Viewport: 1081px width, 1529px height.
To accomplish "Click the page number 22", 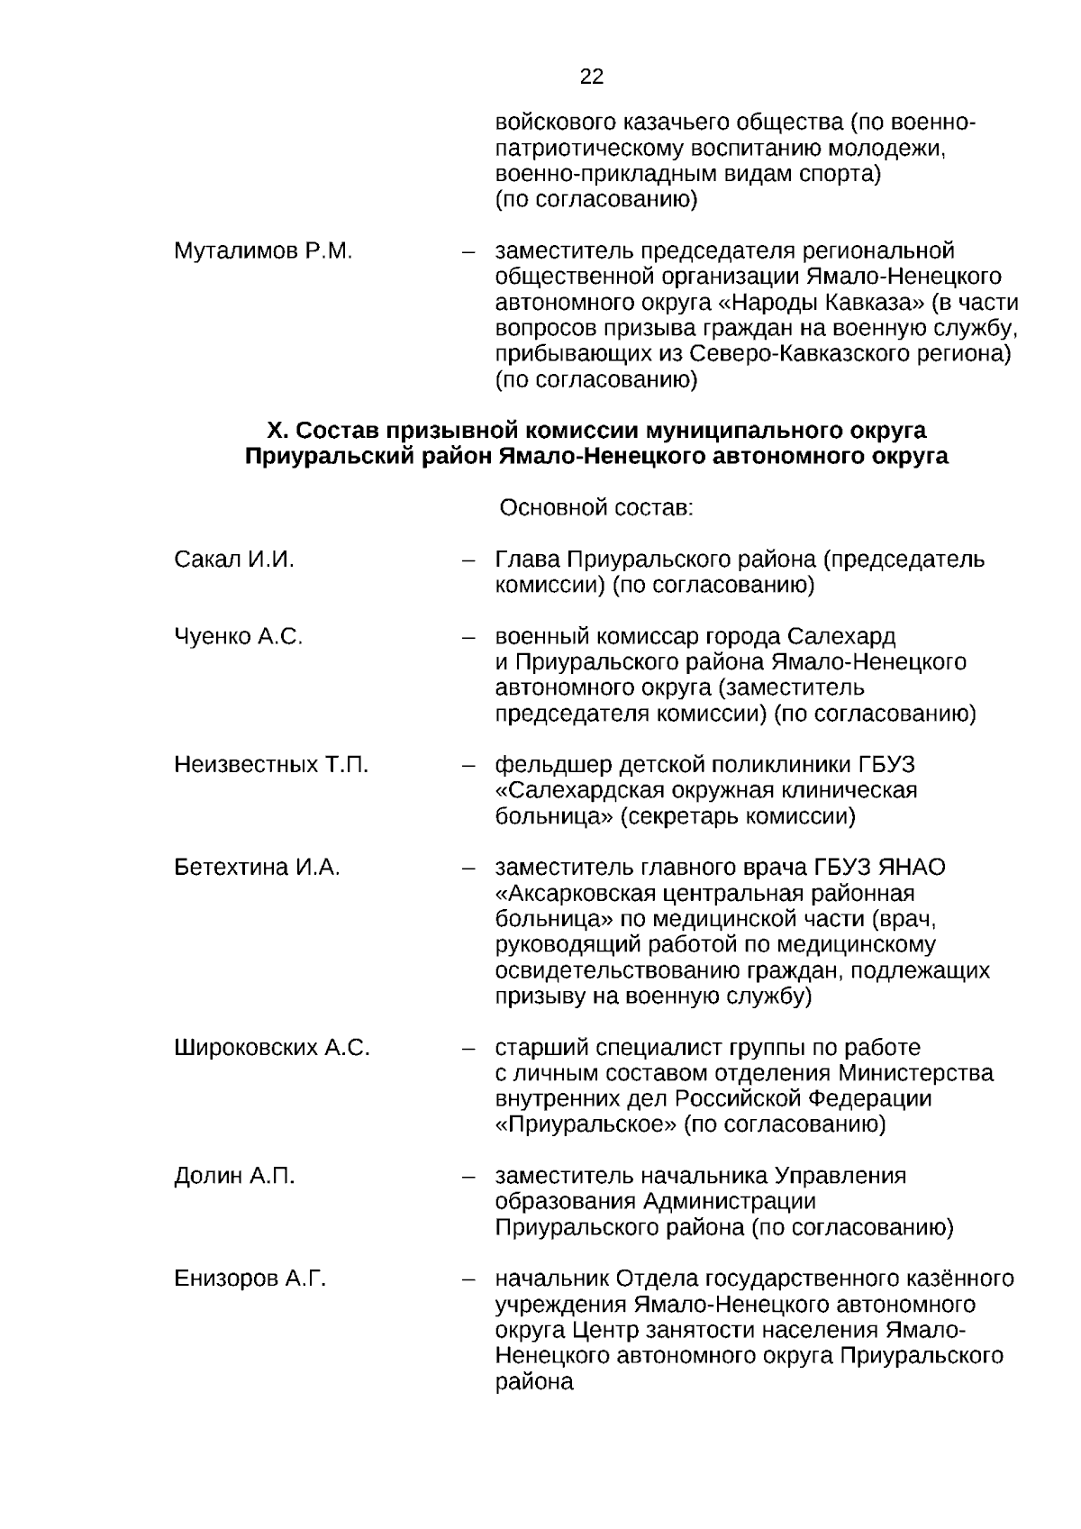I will [592, 77].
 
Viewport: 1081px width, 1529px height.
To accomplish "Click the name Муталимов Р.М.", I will [263, 250].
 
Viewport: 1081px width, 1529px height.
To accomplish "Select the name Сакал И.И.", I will [234, 560].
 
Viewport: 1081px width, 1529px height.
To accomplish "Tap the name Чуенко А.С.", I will [239, 637].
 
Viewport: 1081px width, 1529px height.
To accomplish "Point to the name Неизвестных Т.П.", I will [271, 765].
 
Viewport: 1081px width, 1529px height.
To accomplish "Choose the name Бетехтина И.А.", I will [257, 868].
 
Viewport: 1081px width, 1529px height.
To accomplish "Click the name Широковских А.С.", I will [272, 1048].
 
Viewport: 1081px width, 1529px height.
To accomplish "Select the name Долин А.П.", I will [234, 1176].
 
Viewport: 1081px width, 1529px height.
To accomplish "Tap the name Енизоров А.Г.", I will [250, 1279].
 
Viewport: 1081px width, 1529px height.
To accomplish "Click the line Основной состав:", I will [596, 508].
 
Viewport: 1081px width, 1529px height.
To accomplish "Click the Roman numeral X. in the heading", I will [277, 430].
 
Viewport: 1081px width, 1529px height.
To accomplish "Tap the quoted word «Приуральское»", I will [586, 1124].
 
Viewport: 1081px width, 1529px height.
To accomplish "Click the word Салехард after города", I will [846, 637].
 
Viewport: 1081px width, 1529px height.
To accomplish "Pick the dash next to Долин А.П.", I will [468, 1177].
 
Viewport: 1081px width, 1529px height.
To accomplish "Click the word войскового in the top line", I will [551, 122].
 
